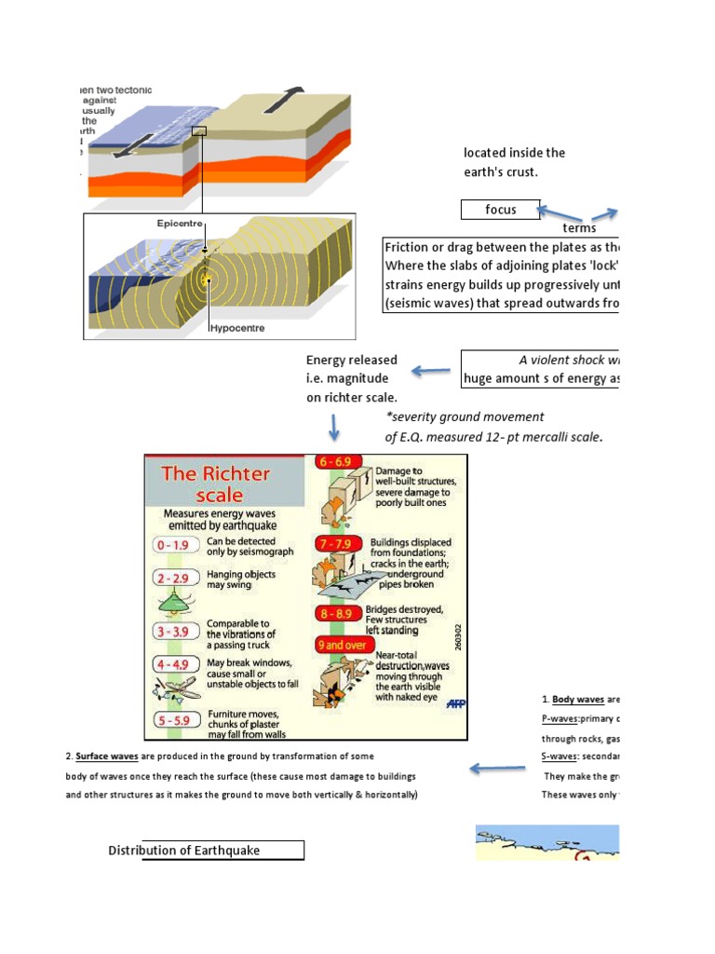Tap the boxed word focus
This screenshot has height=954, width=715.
[501, 210]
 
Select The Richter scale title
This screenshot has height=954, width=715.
[216, 484]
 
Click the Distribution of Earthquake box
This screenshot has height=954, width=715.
[223, 850]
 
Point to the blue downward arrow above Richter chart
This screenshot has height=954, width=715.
[333, 429]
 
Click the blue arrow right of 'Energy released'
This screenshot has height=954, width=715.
[430, 373]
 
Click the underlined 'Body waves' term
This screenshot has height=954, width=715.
[578, 699]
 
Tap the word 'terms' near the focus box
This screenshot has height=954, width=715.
[579, 228]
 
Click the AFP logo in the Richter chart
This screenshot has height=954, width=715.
[456, 704]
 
